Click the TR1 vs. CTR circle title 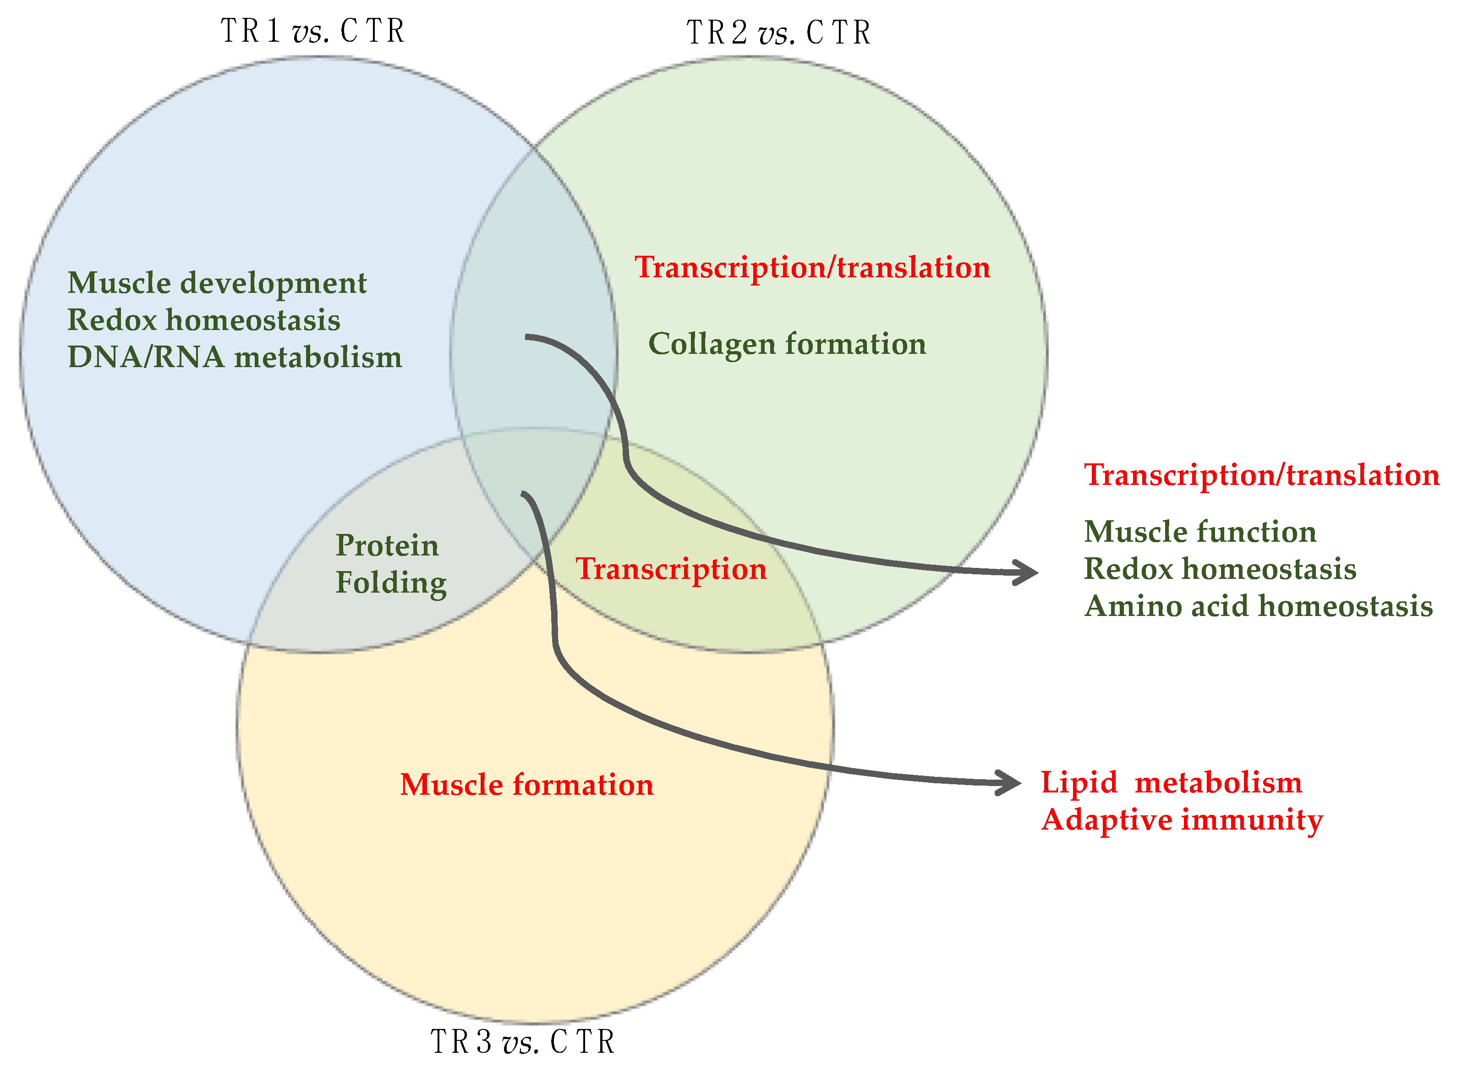[312, 31]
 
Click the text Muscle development [217, 283]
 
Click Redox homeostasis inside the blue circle [203, 320]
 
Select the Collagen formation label [787, 344]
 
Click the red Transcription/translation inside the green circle [812, 268]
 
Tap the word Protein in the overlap [387, 545]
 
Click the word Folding [391, 583]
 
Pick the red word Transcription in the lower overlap [671, 569]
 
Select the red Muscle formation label [526, 784]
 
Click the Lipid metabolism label [1171, 782]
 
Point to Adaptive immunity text [1182, 819]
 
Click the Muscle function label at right [1200, 532]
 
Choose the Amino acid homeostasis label [1258, 606]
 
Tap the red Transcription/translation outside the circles [1261, 475]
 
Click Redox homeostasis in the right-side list [1219, 569]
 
